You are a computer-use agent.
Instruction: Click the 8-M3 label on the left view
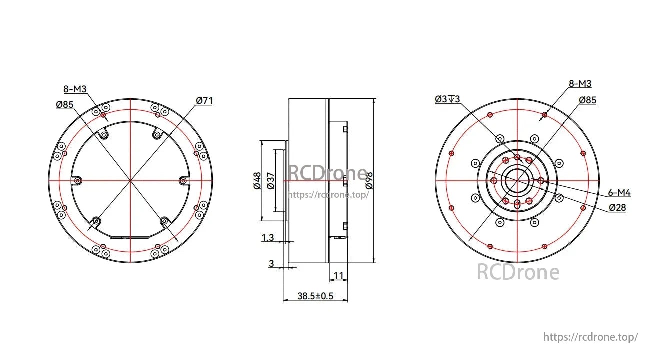click(75, 89)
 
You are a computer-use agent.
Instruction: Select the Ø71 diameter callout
click(204, 101)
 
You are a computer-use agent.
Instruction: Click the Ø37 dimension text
click(271, 180)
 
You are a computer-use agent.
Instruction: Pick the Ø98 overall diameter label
click(369, 180)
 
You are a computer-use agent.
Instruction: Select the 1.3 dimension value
click(268, 238)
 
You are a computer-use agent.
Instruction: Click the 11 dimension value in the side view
click(338, 275)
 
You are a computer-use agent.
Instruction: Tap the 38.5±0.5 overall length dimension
click(315, 296)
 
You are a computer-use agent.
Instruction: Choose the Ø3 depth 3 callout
click(447, 99)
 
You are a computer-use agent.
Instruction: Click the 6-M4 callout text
click(619, 193)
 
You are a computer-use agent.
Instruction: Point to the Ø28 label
click(617, 208)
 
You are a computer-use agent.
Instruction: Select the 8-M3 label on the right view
click(580, 84)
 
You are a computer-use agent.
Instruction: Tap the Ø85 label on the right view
click(587, 100)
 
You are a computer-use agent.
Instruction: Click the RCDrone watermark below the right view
click(518, 272)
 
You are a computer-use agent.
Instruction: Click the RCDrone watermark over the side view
click(327, 173)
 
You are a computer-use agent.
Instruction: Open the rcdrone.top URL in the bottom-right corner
click(590, 337)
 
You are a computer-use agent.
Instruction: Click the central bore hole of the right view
click(517, 180)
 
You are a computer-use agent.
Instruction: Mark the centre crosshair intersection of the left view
click(130, 180)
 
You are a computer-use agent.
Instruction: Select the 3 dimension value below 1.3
click(271, 263)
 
